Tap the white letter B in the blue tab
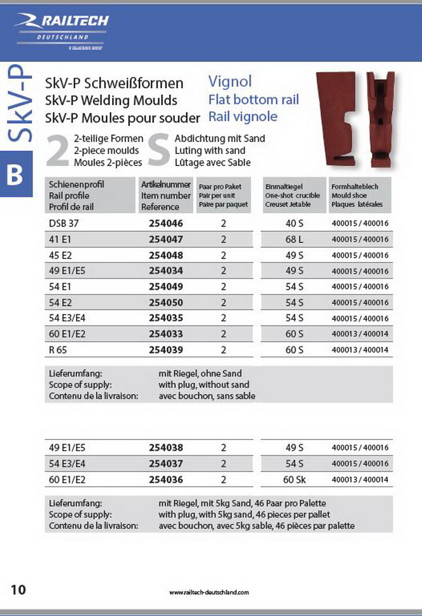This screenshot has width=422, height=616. (x=15, y=175)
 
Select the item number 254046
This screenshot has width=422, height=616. (x=166, y=223)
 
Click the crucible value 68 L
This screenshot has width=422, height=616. (x=294, y=239)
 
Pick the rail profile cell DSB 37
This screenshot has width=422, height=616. (x=64, y=223)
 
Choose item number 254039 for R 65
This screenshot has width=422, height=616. (x=166, y=350)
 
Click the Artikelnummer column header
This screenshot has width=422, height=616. (x=166, y=184)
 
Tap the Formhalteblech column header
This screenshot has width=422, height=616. (x=355, y=187)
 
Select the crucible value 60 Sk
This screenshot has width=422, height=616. (x=294, y=479)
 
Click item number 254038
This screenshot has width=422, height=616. (x=166, y=448)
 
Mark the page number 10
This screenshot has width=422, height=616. (x=19, y=589)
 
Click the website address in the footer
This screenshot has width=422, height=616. (x=209, y=592)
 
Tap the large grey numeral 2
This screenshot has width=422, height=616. (x=57, y=151)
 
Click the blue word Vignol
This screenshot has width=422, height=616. (x=230, y=82)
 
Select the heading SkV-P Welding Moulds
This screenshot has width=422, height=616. (x=111, y=101)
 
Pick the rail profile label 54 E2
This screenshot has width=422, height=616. (x=61, y=302)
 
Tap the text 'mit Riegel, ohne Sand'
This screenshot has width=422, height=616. (x=200, y=373)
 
